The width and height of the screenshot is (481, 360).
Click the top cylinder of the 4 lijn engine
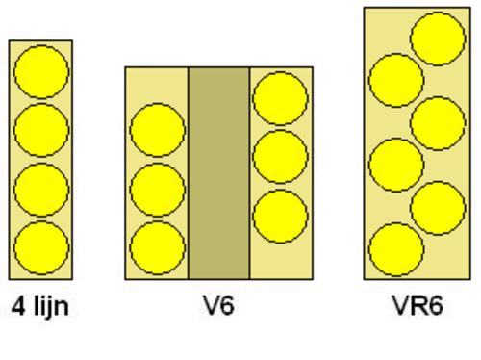point(41,71)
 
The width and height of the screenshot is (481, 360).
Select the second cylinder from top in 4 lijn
point(41,130)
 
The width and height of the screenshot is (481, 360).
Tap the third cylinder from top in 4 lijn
point(41,190)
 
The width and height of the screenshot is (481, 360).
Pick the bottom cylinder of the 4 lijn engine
point(41,248)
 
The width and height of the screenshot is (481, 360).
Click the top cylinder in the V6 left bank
point(157,130)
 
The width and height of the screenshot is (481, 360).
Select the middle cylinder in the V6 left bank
point(157,190)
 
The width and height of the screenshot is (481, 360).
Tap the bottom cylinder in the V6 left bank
point(157,248)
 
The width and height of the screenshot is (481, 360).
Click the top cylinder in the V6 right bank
point(280,98)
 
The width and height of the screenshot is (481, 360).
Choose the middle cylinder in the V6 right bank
point(280,157)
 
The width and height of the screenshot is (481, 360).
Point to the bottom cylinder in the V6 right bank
point(280,217)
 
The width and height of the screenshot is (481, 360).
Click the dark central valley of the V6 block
point(218,173)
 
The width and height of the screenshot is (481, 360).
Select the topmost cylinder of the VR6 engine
point(438,39)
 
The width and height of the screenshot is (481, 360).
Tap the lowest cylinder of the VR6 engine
point(396,249)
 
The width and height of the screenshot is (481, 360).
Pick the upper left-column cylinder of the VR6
point(396,80)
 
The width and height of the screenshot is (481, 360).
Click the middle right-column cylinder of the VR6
point(438,123)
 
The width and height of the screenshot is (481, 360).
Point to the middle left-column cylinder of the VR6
point(396,165)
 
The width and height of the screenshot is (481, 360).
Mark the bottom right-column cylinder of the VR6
point(438,208)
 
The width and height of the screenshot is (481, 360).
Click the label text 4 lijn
point(40,306)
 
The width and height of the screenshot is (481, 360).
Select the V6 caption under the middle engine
point(218,305)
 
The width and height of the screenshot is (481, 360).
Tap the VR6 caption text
point(418,305)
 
